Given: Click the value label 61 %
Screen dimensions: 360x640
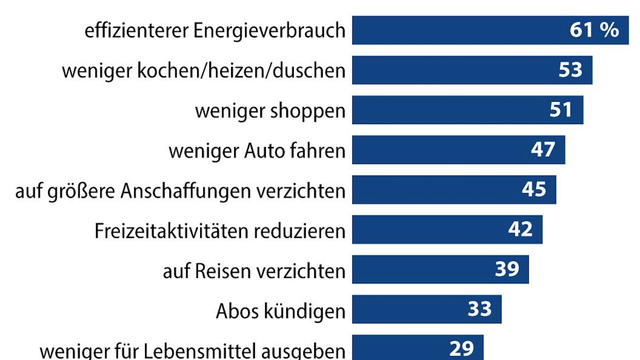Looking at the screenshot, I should click(x=594, y=30).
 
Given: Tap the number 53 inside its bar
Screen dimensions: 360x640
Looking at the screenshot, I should click(x=571, y=70).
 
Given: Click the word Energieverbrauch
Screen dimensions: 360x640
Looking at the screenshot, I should click(x=269, y=31).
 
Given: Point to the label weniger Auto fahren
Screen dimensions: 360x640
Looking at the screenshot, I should click(x=257, y=150).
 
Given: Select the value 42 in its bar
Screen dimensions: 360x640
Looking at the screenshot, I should click(x=520, y=229).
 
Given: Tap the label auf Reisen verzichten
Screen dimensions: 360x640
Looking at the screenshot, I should click(x=254, y=271).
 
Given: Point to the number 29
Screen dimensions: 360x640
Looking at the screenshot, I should click(x=461, y=348).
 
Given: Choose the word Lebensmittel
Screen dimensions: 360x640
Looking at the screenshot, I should click(x=199, y=350).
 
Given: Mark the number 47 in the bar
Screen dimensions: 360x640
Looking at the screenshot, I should click(x=543, y=149).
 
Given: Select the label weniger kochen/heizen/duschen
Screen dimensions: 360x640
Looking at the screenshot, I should click(x=204, y=71).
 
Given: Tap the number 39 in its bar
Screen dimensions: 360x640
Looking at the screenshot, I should click(x=507, y=269).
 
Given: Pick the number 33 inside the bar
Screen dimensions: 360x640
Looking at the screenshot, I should click(x=479, y=309).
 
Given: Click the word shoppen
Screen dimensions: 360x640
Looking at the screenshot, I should click(x=308, y=111).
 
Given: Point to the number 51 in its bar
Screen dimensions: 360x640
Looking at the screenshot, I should click(x=560, y=110).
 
